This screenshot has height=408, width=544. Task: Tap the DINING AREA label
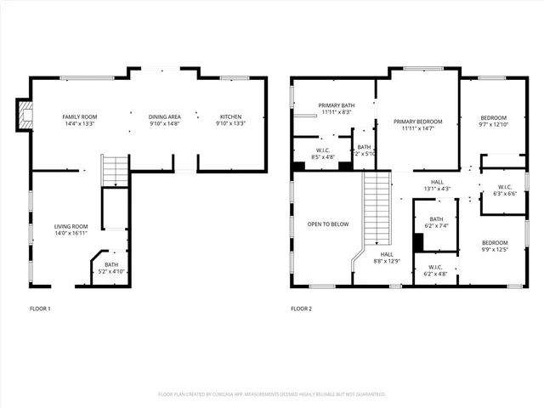click(164, 116)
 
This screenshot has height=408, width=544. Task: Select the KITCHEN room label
click(231, 116)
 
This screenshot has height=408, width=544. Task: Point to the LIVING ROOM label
click(71, 226)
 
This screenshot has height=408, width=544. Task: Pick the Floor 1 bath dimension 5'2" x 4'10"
click(111, 272)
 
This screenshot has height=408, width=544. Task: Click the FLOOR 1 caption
click(40, 309)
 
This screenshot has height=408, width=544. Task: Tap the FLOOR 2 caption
click(301, 309)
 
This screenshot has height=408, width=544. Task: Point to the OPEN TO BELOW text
click(328, 224)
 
